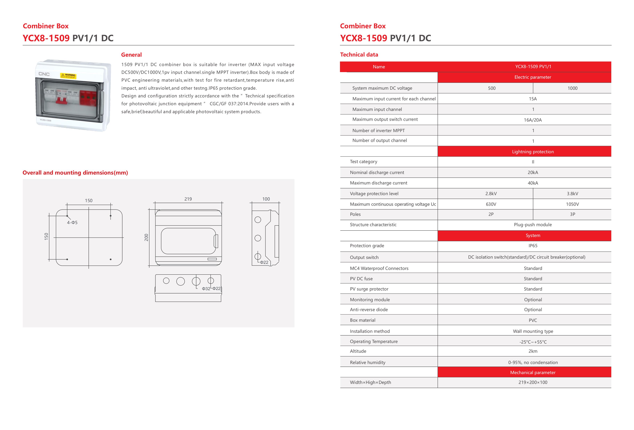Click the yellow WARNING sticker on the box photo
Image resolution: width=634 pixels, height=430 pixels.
click(68, 76)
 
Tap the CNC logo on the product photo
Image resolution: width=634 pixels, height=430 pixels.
click(44, 74)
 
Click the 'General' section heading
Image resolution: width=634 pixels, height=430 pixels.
click(131, 55)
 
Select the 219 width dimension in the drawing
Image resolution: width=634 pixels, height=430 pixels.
click(188, 199)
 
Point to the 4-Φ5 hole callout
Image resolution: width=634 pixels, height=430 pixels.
click(72, 223)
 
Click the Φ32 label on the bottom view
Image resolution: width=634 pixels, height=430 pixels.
click(206, 288)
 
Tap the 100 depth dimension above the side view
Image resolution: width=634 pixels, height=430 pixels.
click(266, 199)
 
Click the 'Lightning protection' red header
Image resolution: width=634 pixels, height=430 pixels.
click(533, 152)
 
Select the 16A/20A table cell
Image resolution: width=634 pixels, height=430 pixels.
click(533, 120)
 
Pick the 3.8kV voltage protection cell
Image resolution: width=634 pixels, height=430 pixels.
click(572, 194)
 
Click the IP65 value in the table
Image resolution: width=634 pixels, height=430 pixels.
click(533, 246)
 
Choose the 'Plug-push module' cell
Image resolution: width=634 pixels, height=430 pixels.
click(533, 225)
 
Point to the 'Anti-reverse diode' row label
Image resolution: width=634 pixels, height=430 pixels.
click(369, 310)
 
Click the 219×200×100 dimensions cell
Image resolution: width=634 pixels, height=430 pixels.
click(533, 382)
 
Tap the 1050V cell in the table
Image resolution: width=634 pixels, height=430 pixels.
click(572, 204)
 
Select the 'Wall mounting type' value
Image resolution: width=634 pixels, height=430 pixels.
click(533, 331)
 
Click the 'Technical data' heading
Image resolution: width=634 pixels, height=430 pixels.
click(359, 55)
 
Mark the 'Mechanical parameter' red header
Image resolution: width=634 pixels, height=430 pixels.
click(533, 372)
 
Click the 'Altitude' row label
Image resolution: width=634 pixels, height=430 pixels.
click(358, 351)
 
